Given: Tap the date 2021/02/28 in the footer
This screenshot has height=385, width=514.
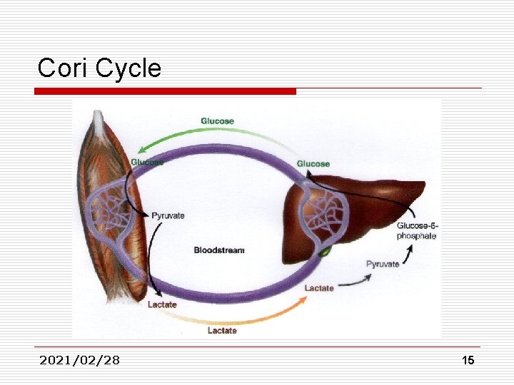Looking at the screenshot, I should coord(80,360).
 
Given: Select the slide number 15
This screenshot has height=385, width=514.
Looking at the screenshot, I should coord(468,361).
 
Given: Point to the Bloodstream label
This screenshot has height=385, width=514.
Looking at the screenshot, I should coord(219,250).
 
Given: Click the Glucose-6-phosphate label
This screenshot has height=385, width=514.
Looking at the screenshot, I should coord(417,231).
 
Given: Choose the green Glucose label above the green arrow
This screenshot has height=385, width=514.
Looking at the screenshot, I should coord(217,121).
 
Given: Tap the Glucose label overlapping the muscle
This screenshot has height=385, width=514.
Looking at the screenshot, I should coord(146,163).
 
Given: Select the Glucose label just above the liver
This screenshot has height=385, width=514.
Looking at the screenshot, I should coord(313,164).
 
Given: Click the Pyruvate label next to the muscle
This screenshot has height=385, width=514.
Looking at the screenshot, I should coord(168,215).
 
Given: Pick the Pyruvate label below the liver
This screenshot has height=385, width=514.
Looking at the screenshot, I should coord(383,265).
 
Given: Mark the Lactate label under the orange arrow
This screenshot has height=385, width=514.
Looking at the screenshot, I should coord(222,331).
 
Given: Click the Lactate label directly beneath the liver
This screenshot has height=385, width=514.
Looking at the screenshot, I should coord(319,288).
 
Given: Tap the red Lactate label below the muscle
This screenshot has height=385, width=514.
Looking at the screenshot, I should coord(162,305).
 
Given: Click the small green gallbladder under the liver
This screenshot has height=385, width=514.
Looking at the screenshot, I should coord(325,251).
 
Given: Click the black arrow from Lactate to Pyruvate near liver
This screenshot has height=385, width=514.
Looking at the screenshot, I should coord(355,284).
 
